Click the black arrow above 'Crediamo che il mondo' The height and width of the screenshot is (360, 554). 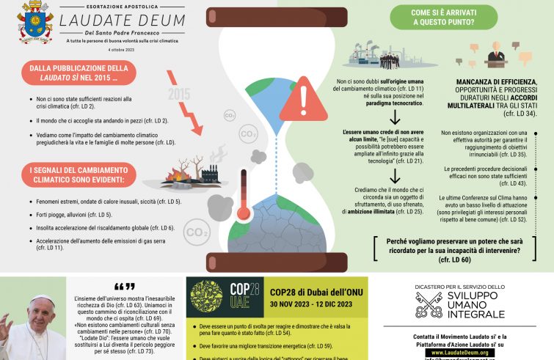tap(394, 175)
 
